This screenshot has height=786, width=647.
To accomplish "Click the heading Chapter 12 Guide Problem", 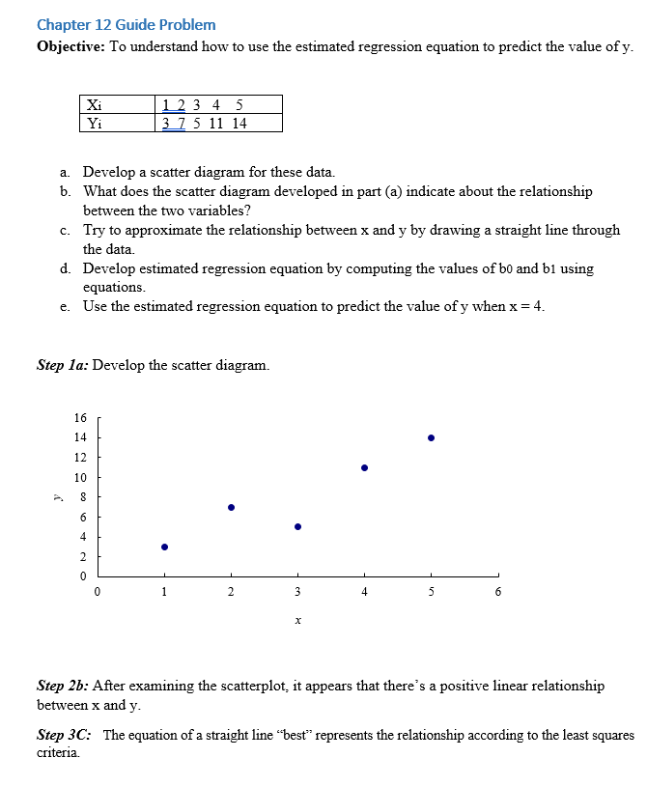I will pos(126,25).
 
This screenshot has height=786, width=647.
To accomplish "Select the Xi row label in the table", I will pos(93,104).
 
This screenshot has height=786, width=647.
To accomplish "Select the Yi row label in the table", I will pos(93,123).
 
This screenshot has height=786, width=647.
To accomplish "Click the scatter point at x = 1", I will pos(164,547).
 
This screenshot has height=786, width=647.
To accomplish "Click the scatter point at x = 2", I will pos(231,507).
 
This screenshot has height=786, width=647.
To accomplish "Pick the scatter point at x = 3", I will pos(297,526).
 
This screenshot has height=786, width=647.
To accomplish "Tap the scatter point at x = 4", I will pos(364,467).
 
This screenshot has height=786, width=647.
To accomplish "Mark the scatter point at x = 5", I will pos(431,437).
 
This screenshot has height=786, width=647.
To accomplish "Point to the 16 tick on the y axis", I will pos(79,418).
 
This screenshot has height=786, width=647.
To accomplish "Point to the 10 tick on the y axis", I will pos(79,478).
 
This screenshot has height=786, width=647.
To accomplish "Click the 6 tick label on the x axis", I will pos(497,592).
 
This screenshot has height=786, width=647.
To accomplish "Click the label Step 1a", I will pos(62,366).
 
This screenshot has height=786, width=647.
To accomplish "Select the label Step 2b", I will pos(62,687).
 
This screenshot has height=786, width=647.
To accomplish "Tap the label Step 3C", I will pos(64,735).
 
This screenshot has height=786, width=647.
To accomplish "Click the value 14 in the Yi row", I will pos(239,123).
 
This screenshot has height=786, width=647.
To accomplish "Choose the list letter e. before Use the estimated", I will pos(64,307).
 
